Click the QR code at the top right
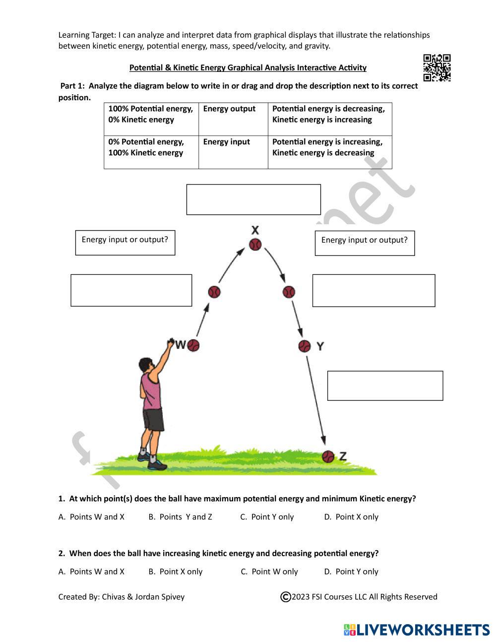[x=436, y=67]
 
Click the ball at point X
[x=255, y=245]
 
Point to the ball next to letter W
[x=193, y=345]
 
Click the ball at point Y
[x=305, y=346]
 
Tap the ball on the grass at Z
[x=328, y=456]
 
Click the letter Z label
[x=343, y=456]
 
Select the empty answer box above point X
[x=253, y=199]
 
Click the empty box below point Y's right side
[x=385, y=385]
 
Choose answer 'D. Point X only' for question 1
[x=351, y=517]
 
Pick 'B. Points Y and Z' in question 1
[x=180, y=517]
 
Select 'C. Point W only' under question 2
[x=269, y=572]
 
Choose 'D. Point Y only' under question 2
[x=351, y=572]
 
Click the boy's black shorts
[x=153, y=420]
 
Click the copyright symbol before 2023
[x=285, y=597]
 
